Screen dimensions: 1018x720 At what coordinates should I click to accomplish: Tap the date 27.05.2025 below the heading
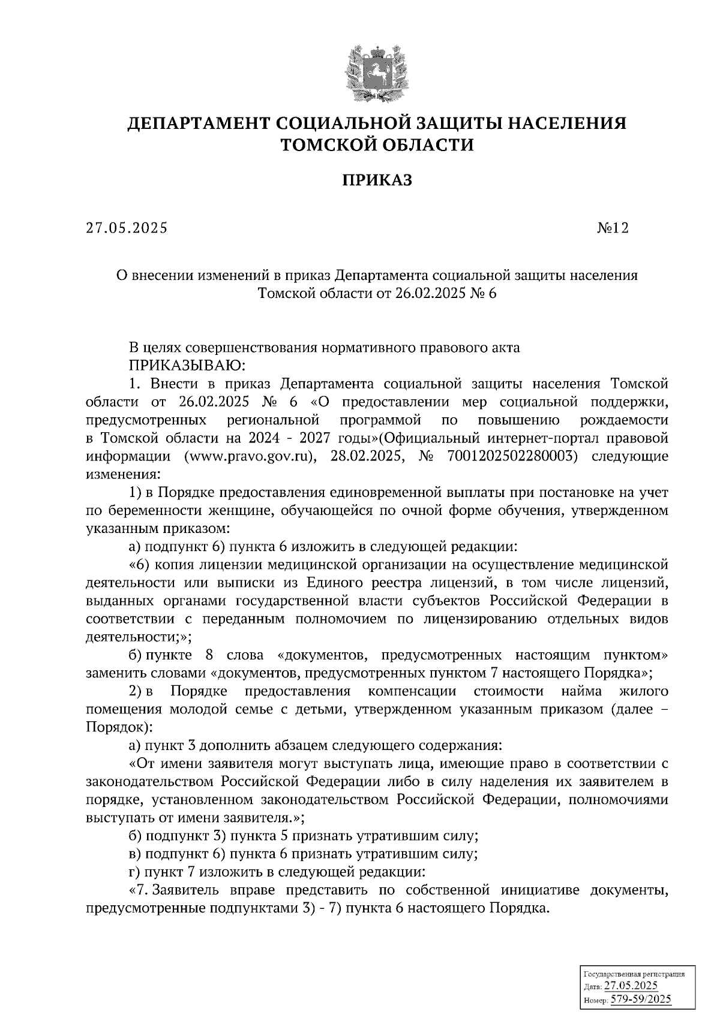coord(127,228)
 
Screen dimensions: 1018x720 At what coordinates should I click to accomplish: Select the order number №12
coord(612,228)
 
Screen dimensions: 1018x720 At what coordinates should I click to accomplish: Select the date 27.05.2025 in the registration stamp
coord(631,986)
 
